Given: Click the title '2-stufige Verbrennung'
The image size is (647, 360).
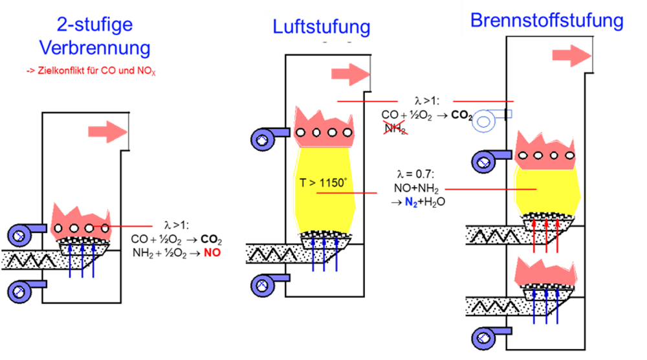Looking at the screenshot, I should [x=94, y=36].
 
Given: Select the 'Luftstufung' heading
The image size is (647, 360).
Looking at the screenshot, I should [x=321, y=27].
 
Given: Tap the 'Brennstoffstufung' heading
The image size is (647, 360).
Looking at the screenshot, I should [x=547, y=20].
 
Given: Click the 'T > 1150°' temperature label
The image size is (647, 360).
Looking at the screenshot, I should [x=323, y=183].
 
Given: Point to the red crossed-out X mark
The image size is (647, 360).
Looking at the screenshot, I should [x=395, y=127].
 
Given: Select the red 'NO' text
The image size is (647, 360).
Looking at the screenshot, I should [x=212, y=253].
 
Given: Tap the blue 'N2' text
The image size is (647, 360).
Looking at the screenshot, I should [x=411, y=202].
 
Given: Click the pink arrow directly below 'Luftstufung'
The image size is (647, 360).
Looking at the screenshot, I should [x=350, y=74].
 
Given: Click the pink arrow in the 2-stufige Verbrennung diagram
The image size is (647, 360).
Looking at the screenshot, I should [x=107, y=132].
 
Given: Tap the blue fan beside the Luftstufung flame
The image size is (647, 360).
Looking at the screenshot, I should [x=267, y=138].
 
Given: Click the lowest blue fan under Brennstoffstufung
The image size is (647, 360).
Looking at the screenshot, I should [x=487, y=337].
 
